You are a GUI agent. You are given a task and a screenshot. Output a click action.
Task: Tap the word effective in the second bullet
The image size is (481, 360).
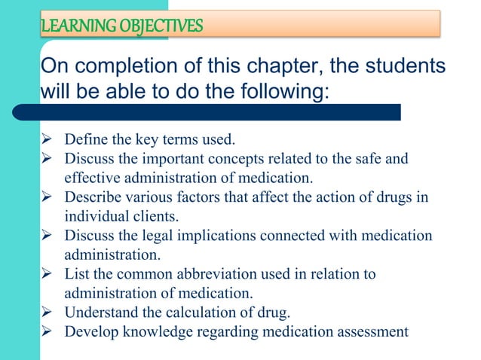90,178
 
